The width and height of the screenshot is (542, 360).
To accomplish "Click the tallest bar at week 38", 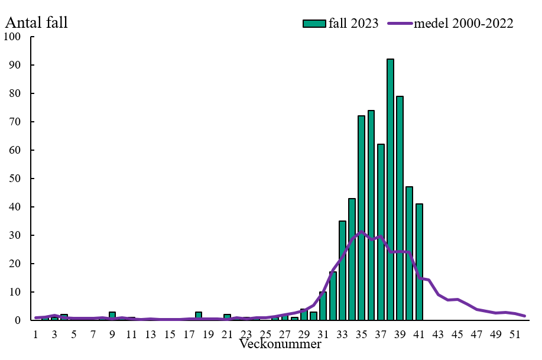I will (x=390, y=189).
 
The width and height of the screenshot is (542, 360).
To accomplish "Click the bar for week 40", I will (x=409, y=254).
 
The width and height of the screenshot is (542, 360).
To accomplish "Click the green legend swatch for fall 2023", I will (x=314, y=24).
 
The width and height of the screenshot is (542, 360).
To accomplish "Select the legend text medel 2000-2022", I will (x=463, y=24).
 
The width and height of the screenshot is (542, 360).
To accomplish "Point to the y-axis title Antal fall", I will (x=36, y=23).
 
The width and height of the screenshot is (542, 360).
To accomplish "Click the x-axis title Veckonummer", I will (x=280, y=343).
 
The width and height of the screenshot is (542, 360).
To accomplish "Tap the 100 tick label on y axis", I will (x=12, y=37).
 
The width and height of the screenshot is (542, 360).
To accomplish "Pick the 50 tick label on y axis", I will (x=15, y=179).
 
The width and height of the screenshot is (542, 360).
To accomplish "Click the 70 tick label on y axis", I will (x=15, y=122).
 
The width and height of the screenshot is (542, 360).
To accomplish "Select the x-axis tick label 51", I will (x=515, y=335).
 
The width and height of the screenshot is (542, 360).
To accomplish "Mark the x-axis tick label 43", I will (x=438, y=335).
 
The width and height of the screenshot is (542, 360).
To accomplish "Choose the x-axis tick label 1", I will (x=36, y=335).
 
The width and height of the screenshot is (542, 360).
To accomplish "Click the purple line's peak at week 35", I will (x=361, y=232).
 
